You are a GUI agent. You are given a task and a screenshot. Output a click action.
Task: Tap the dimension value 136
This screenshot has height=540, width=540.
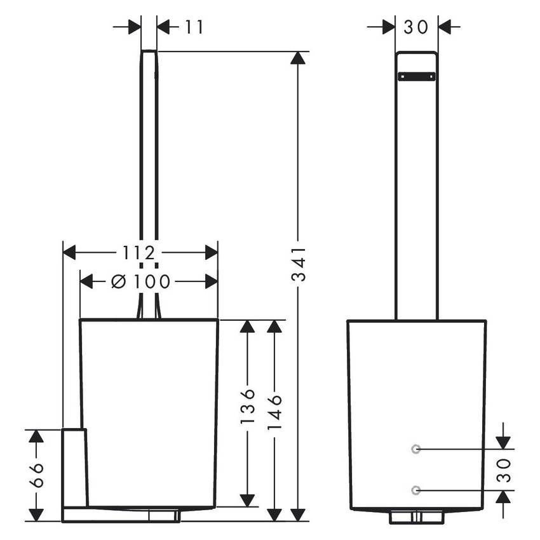tap(248, 407)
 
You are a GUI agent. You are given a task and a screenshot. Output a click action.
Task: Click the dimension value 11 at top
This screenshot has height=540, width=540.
tap(195, 27)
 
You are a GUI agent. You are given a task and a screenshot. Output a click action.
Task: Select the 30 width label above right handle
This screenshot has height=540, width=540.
tap(416, 27)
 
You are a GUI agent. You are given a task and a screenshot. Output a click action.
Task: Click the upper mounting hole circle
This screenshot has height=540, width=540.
tap(415, 449)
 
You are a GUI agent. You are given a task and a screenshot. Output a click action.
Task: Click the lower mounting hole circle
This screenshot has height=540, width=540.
tap(415, 489)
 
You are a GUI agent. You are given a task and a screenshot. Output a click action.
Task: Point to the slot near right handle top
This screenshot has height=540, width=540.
tap(416, 76)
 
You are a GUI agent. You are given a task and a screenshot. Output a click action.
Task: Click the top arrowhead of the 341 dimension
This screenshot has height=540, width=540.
tap(297, 58)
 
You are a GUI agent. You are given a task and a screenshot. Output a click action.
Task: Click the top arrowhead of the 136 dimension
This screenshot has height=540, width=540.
tap(247, 327)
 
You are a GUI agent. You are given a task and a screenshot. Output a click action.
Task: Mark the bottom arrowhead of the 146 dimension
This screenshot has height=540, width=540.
tap(274, 515)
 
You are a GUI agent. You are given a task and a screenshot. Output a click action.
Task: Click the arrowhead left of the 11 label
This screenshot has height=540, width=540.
tap(134, 27)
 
